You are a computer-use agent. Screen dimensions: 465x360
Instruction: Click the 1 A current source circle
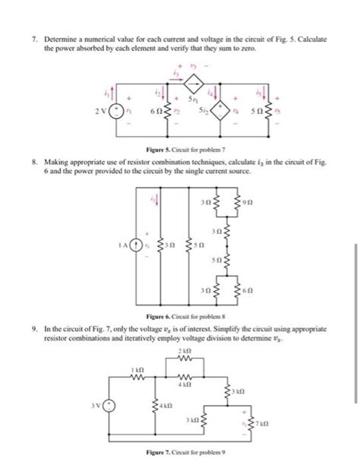click(136, 245)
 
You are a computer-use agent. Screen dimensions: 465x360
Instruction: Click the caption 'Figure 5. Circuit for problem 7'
click(178, 150)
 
